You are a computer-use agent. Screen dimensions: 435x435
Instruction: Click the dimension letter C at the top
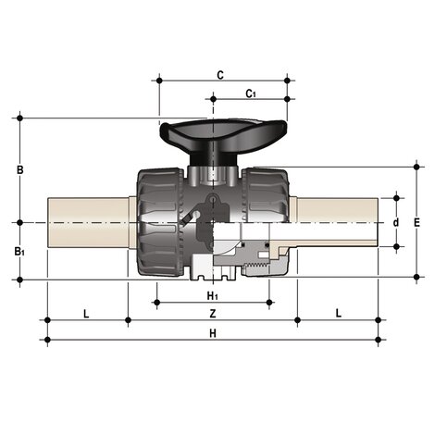click(220, 73)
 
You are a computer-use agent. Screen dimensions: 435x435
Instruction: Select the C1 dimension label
click(250, 93)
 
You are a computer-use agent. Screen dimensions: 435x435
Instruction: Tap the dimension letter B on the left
click(20, 169)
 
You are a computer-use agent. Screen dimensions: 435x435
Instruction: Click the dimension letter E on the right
click(416, 223)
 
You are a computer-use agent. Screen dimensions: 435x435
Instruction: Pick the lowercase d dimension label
click(396, 222)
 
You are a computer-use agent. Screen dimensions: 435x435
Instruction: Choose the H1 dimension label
click(213, 296)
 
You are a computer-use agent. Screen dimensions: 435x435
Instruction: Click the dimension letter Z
click(213, 314)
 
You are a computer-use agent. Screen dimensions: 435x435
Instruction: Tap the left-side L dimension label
click(86, 314)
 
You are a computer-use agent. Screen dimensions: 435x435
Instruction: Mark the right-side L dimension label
click(338, 314)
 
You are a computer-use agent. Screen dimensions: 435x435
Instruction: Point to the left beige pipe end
click(88, 222)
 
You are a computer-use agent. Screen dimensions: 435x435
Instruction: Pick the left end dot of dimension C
click(160, 81)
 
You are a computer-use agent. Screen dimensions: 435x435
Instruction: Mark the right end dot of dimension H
click(379, 340)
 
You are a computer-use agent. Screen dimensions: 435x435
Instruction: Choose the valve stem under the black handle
click(213, 172)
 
